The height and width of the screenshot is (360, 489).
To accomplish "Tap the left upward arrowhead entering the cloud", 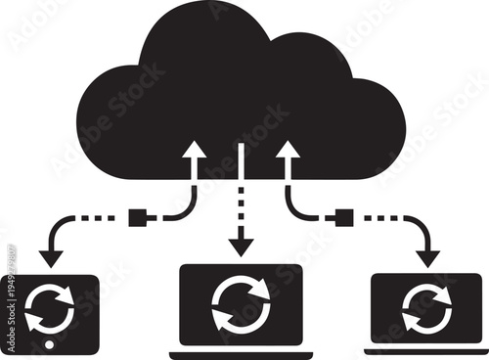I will [x=195, y=150].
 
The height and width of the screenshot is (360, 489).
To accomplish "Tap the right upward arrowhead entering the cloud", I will [x=287, y=150].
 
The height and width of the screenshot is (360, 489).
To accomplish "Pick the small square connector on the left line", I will [x=137, y=216].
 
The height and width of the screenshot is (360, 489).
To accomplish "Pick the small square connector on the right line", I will [x=342, y=216].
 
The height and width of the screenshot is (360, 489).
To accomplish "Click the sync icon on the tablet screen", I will [x=44, y=307].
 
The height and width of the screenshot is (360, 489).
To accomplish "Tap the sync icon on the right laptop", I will [x=425, y=308].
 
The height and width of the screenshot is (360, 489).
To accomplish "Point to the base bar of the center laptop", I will [x=241, y=353].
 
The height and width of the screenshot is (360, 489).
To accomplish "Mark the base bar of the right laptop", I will [x=425, y=349].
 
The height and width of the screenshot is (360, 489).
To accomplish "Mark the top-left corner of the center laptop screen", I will [x=182, y=267].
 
